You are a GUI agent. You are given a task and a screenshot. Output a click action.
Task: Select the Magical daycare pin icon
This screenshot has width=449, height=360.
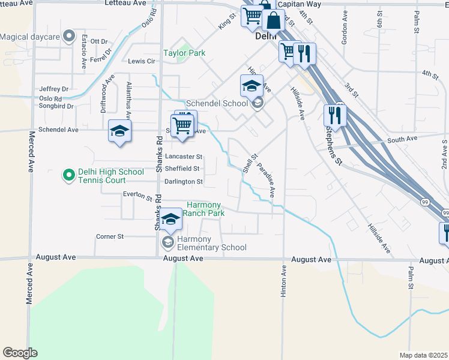pos(69,37)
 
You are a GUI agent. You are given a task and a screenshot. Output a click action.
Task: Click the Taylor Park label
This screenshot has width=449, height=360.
pos(184,53)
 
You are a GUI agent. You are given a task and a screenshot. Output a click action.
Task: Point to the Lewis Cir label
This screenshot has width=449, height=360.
pos(142,62)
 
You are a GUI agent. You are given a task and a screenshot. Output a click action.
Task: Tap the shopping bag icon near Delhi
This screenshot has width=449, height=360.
pos(273,20)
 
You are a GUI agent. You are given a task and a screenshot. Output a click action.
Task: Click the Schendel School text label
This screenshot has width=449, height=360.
pos(217,103)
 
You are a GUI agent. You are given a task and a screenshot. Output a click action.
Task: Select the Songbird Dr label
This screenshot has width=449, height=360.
pos(56,106)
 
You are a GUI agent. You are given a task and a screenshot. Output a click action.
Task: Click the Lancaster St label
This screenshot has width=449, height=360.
pos(184,157)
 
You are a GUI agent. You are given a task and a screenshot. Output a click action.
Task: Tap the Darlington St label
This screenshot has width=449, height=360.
pos(183,181)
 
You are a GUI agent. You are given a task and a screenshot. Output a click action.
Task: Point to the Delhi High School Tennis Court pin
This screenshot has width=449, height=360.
pos(69,176)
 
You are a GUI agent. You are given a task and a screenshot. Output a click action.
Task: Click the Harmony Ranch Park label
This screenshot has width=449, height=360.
pos(204,209)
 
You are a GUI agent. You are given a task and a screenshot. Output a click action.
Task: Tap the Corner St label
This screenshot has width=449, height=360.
pos(109,237)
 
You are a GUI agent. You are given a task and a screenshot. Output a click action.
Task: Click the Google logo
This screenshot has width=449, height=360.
pos(19,353)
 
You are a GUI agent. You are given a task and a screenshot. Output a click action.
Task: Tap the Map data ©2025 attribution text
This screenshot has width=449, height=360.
pos(423,355)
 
